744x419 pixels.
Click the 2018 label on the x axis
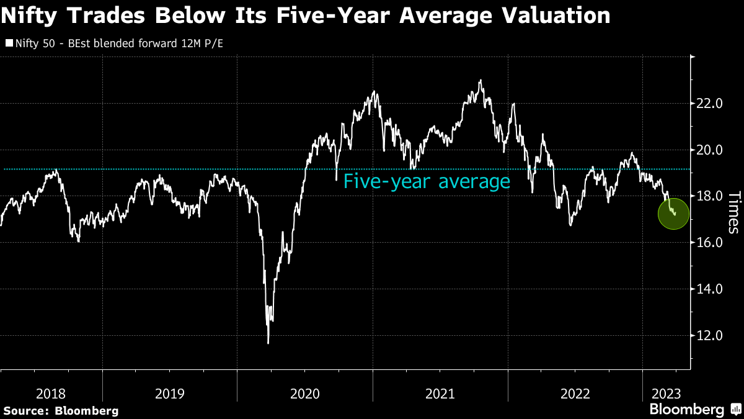tap(51, 394)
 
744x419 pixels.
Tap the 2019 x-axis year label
tap(169, 394)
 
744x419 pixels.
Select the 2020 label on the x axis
tap(304, 394)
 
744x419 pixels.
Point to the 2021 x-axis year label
tap(440, 394)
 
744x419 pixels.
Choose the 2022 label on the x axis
tap(575, 394)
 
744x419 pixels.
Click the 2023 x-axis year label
tap(666, 394)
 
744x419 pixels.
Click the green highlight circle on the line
tap(673, 213)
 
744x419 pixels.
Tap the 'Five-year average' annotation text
tap(427, 182)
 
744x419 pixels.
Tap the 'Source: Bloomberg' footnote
tap(61, 410)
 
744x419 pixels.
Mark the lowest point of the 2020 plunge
tap(268, 343)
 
